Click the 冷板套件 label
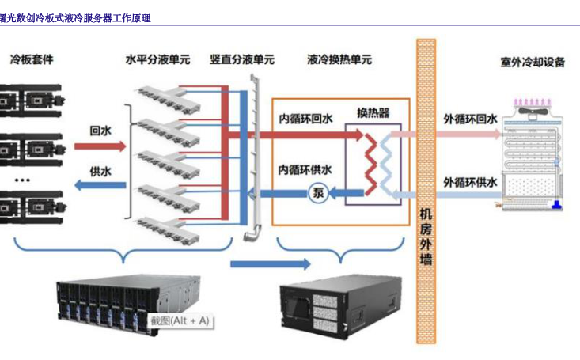32,59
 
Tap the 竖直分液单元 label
242,59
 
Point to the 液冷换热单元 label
339,59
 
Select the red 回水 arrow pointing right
100,146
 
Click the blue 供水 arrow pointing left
100,186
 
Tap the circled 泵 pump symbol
318,193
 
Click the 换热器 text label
373,113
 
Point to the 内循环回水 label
305,120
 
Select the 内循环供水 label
305,169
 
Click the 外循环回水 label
470,119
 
